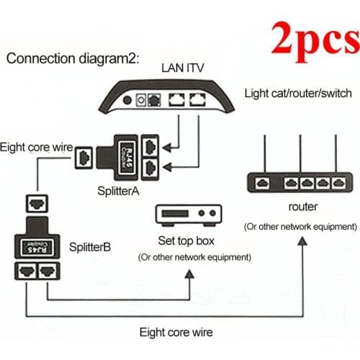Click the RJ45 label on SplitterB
(39, 243)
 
